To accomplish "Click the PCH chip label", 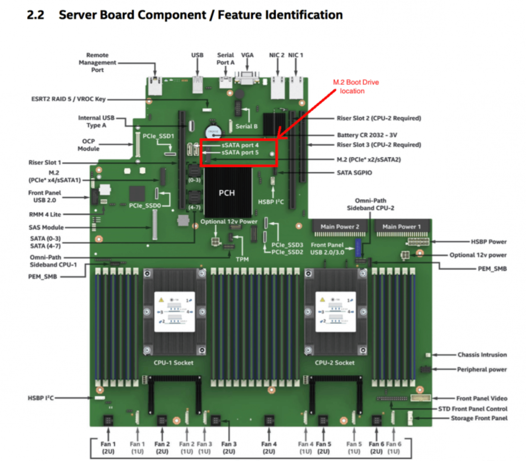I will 226,193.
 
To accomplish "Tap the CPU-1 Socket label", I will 173,363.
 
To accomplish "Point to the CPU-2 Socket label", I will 335,363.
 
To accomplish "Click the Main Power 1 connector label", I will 401,226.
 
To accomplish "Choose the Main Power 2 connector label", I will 339,226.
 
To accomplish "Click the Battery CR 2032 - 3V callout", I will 367,135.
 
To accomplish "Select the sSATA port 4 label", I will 240,145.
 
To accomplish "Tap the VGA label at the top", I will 247,55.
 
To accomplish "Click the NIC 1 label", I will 295,55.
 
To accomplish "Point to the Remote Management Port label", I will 97,62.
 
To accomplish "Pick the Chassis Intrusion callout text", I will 482,355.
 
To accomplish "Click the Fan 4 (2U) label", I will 269,448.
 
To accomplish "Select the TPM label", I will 242,259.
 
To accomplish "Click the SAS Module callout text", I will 46,227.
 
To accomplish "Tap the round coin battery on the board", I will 213,132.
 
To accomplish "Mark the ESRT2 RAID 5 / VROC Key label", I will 69,99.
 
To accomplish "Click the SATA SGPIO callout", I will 354,173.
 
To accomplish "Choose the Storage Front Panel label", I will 479,418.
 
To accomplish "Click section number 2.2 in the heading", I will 36,15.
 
